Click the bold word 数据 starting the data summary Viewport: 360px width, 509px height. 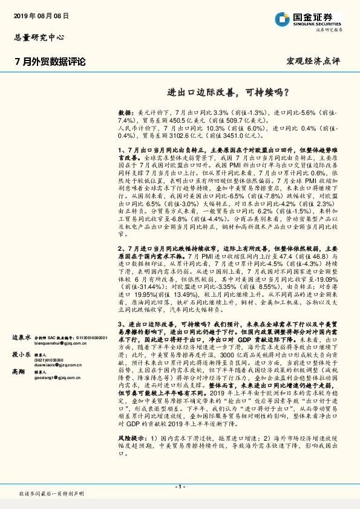pos(125,112)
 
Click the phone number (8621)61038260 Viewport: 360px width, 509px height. pos(51,361)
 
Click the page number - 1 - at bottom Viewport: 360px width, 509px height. pos(180,487)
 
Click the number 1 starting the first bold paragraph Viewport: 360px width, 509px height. pos(121,148)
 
